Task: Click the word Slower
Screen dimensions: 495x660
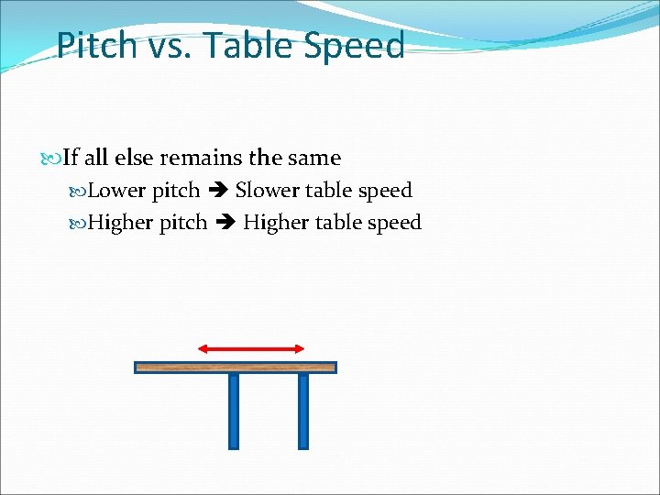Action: click(x=267, y=191)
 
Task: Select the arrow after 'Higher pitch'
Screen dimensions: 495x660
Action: click(x=225, y=223)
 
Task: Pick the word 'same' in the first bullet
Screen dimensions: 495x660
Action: click(x=313, y=158)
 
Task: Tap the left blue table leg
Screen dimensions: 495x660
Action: click(x=234, y=411)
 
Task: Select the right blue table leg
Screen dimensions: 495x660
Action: click(x=303, y=411)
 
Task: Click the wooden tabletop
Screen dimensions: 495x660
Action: click(x=236, y=368)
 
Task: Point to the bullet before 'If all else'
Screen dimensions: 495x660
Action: click(x=56, y=159)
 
